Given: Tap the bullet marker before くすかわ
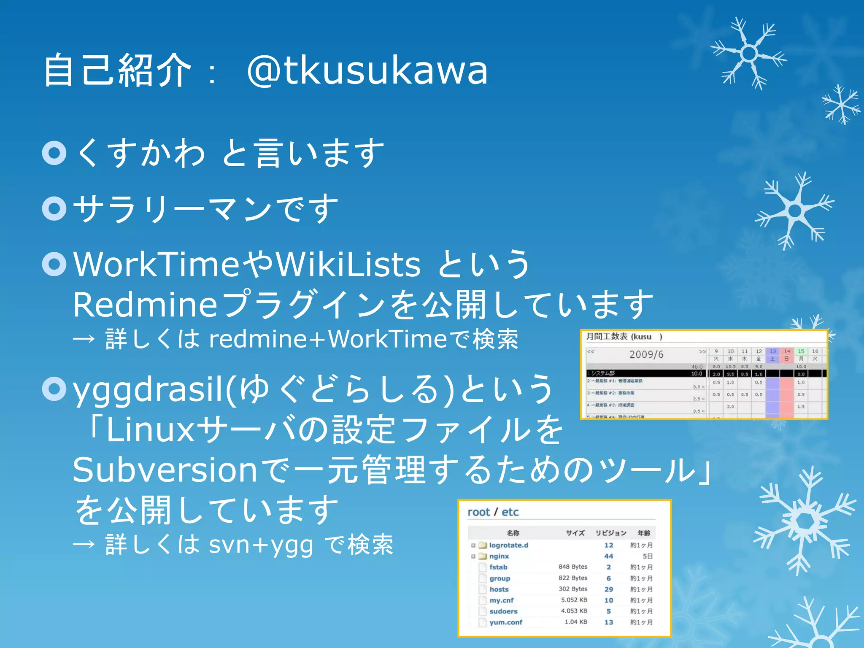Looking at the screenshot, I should pyautogui.click(x=54, y=153).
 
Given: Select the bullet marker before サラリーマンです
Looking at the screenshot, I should pyautogui.click(x=54, y=208).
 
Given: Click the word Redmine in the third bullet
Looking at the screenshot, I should pyautogui.click(x=145, y=305).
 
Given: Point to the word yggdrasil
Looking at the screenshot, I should pyautogui.click(x=147, y=389).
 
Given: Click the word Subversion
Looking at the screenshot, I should pyautogui.click(x=165, y=470).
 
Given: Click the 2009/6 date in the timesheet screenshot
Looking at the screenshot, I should pyautogui.click(x=646, y=354).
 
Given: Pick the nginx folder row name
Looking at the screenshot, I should pyautogui.click(x=499, y=556).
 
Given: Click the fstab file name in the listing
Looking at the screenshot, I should pyautogui.click(x=498, y=567).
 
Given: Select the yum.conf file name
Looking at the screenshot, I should pyautogui.click(x=506, y=622).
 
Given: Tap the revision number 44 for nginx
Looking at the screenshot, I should pyautogui.click(x=608, y=556).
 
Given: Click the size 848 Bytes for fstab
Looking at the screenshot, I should pyautogui.click(x=573, y=567).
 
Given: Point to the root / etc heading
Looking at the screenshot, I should pyautogui.click(x=493, y=512).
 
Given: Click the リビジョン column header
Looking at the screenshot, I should pyautogui.click(x=610, y=533).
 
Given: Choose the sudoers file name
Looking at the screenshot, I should pyautogui.click(x=503, y=611).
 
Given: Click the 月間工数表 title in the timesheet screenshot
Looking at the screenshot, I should pyautogui.click(x=607, y=336).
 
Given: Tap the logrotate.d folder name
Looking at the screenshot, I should pyautogui.click(x=508, y=545).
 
